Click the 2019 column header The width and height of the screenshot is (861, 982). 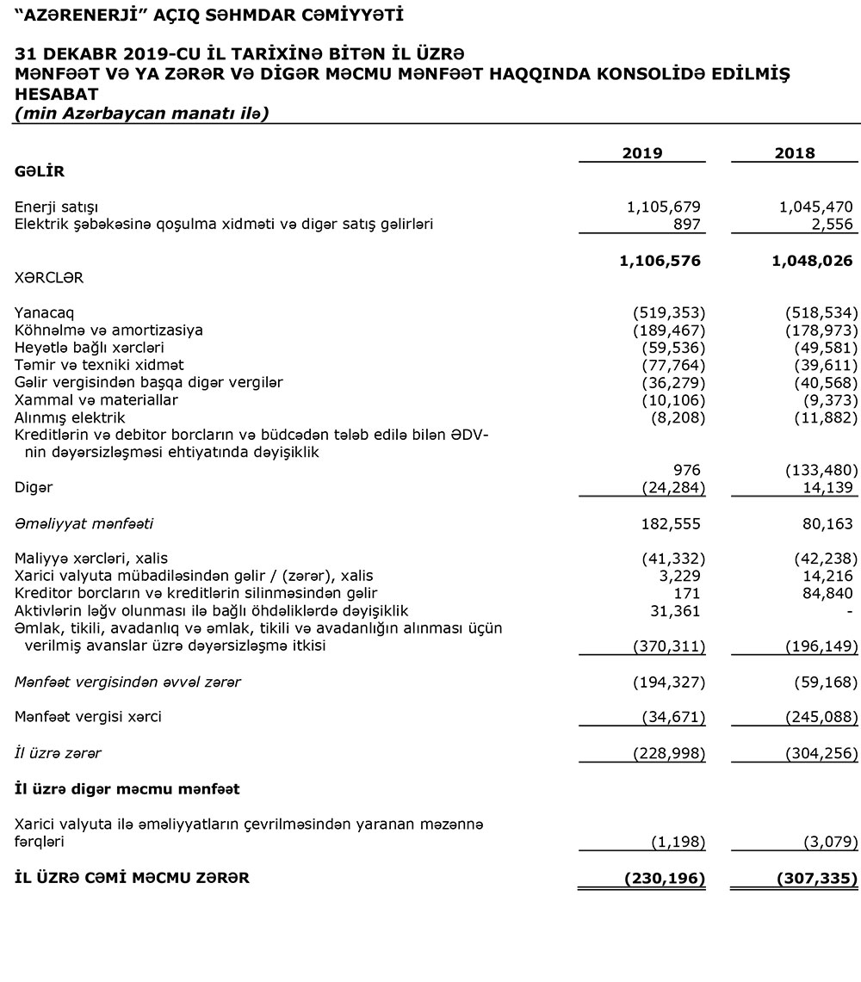(x=642, y=153)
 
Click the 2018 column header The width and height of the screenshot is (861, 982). (x=795, y=153)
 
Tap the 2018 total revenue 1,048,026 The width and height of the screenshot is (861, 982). (x=813, y=261)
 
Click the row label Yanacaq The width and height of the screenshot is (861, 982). (x=38, y=312)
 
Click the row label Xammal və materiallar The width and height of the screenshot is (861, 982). (x=96, y=400)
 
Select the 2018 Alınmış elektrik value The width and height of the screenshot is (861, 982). (x=821, y=417)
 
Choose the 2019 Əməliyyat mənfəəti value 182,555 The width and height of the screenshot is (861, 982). (x=672, y=523)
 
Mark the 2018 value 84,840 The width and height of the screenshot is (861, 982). (x=827, y=593)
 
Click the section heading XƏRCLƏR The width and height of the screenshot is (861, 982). (x=49, y=278)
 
